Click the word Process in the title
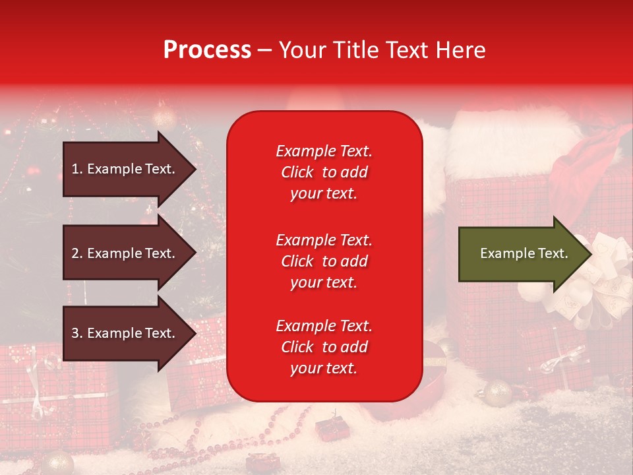pyautogui.click(x=207, y=50)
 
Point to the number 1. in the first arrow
pyautogui.click(x=77, y=169)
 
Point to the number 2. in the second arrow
pyautogui.click(x=77, y=253)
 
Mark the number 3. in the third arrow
pyautogui.click(x=77, y=333)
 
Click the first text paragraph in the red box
pyautogui.click(x=324, y=172)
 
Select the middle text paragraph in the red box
pyautogui.click(x=324, y=261)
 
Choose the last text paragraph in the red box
pyautogui.click(x=324, y=347)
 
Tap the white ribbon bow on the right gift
pyautogui.click(x=597, y=277)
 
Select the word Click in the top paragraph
pyautogui.click(x=297, y=172)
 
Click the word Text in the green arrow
pyautogui.click(x=553, y=253)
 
